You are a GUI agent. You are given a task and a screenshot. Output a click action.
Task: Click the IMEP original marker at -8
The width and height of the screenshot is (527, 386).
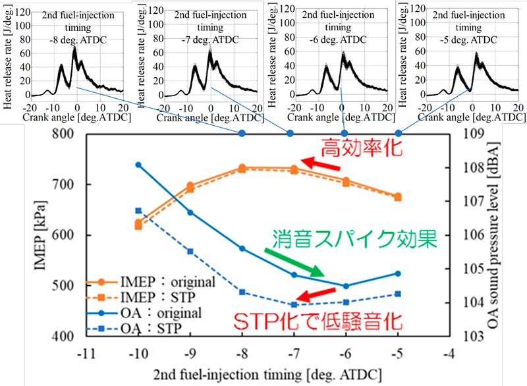[x=242, y=168]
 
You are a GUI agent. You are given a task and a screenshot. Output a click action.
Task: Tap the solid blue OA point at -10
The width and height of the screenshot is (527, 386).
[x=138, y=164]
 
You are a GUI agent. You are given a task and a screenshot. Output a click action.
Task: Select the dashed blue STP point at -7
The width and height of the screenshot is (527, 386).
[x=294, y=304]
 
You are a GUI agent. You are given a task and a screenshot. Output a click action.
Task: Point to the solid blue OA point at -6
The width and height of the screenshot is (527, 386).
[x=346, y=286]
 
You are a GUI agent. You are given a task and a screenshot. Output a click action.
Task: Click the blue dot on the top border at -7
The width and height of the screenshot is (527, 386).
[x=289, y=133]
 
